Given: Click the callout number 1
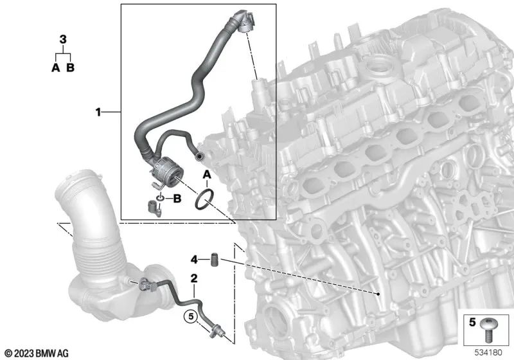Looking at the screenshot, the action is pyautogui.click(x=98, y=112).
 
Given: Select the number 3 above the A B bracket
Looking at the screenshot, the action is pyautogui.click(x=63, y=39).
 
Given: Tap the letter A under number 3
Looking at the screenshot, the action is pyautogui.click(x=56, y=67).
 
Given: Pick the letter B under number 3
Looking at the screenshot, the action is pyautogui.click(x=71, y=67).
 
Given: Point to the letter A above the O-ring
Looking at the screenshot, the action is pyautogui.click(x=207, y=175).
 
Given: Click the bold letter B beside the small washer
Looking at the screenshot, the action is pyautogui.click(x=177, y=199).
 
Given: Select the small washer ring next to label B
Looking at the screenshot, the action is pyautogui.click(x=160, y=198).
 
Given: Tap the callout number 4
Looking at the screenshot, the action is pyautogui.click(x=194, y=260).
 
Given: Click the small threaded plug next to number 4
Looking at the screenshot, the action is pyautogui.click(x=215, y=259).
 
